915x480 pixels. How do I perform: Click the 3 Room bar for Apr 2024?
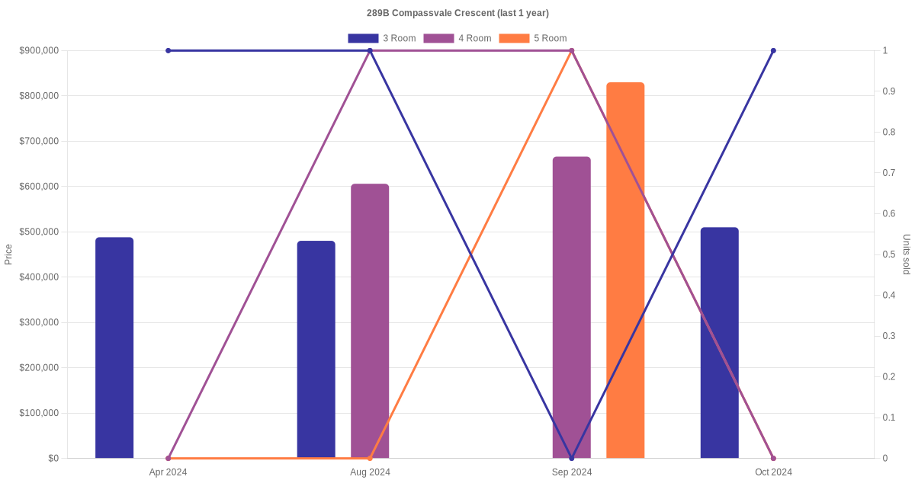click(x=114, y=347)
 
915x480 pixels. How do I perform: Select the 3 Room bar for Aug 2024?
click(x=316, y=349)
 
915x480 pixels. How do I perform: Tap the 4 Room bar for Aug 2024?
click(x=370, y=321)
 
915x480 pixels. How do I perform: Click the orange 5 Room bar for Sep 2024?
click(x=625, y=270)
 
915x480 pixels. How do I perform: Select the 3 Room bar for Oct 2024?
click(x=719, y=342)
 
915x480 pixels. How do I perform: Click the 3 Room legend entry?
click(x=381, y=38)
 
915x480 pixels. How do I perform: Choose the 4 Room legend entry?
click(x=457, y=38)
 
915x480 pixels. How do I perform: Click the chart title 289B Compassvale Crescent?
click(x=457, y=13)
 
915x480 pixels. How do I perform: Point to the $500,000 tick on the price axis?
click(x=38, y=232)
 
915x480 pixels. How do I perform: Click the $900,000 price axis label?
click(x=38, y=50)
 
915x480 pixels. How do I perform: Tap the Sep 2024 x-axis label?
click(x=572, y=472)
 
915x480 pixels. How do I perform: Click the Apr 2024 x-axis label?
click(x=168, y=472)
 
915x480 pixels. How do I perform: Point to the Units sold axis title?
click(x=907, y=254)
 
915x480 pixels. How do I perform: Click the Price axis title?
click(x=8, y=254)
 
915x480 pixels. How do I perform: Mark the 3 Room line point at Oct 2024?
click(x=773, y=50)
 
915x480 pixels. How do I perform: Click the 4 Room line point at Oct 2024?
click(x=773, y=458)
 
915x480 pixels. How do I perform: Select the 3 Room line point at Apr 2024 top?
click(x=168, y=50)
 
